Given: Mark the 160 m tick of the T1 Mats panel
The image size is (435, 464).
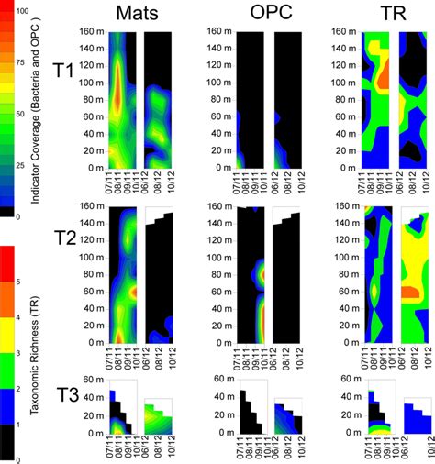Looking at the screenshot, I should coord(91,30).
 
